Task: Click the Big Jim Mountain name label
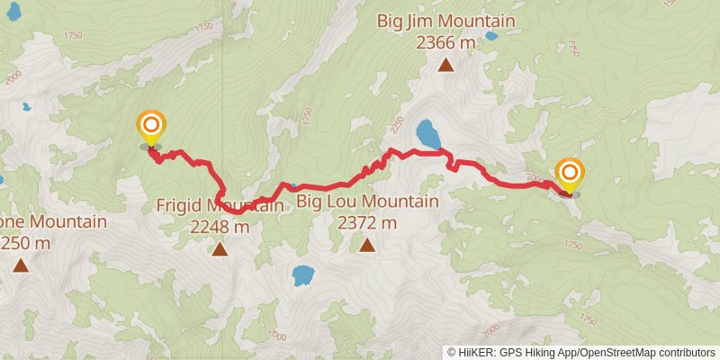[445, 22]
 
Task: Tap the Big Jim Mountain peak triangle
[445, 64]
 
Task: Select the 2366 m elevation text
[445, 41]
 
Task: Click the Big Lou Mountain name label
[367, 202]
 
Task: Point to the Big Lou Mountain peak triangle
[367, 245]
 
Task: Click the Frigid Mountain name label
[220, 206]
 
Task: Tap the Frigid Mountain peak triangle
[220, 248]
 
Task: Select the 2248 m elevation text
[220, 227]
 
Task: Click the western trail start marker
[150, 125]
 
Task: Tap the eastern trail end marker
[570, 172]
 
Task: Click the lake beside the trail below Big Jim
[428, 135]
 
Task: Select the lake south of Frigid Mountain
[303, 274]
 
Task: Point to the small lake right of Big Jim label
[490, 37]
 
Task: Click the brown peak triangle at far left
[20, 265]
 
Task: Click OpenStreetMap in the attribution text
[620, 352]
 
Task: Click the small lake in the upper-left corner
[26, 107]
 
